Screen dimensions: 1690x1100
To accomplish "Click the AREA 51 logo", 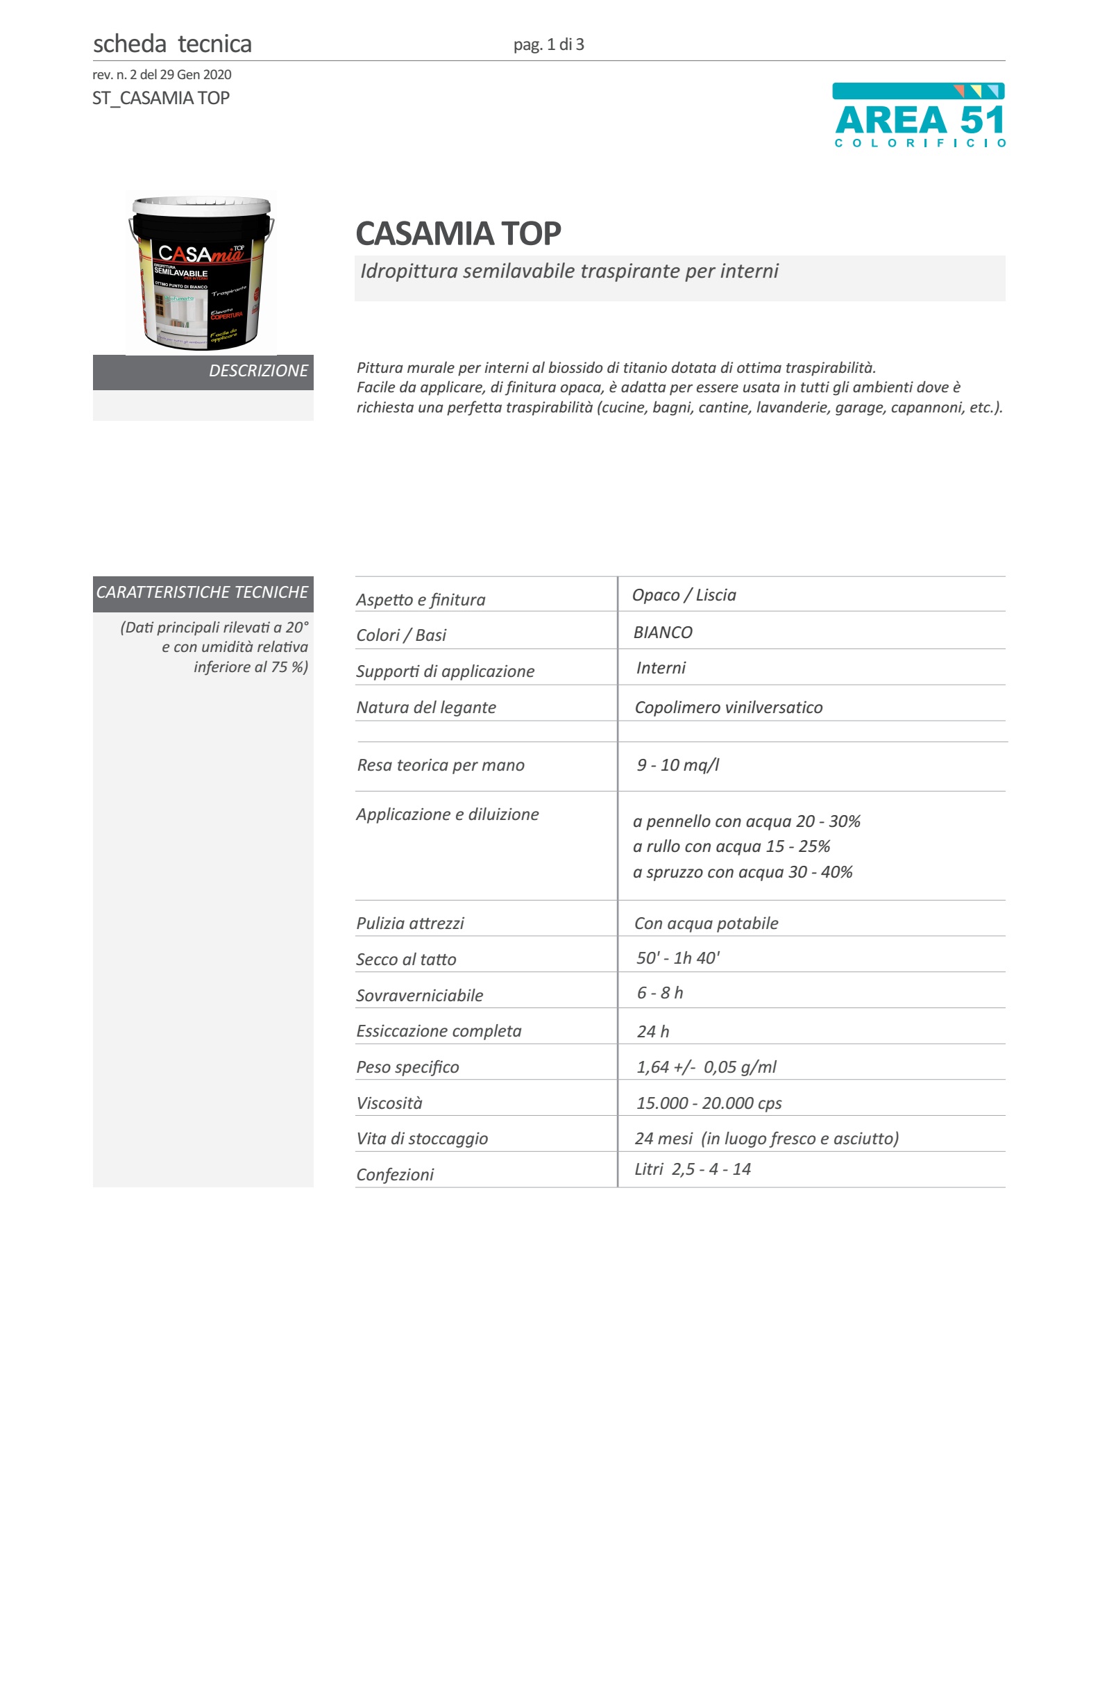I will [x=919, y=116].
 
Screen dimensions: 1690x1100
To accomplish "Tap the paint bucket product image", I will [x=201, y=274].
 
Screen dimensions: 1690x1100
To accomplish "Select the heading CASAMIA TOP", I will [x=458, y=233].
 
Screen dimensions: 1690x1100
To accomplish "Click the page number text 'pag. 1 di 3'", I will [x=548, y=44].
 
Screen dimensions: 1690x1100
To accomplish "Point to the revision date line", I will [x=162, y=74].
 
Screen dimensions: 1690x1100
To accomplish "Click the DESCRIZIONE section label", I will [x=257, y=371].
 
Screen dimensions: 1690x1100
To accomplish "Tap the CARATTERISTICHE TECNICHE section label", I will [x=202, y=592].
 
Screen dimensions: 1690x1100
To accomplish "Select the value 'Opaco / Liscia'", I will [x=684, y=595].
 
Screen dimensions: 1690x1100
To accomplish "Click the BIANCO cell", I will [x=662, y=632].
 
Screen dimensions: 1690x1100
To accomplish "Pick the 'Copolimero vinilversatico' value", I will [x=728, y=708].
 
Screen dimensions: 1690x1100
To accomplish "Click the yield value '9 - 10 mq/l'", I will [x=678, y=764].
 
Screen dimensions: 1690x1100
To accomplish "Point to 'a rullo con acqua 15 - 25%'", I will [x=731, y=846].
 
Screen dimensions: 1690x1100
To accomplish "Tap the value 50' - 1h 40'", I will [x=678, y=958].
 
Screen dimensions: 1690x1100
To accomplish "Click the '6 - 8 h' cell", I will [x=659, y=993].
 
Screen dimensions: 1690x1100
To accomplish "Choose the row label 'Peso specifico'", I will [x=407, y=1067].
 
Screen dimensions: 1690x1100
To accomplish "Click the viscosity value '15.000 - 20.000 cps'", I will [x=709, y=1103].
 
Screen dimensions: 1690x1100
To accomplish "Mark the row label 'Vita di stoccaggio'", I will [x=421, y=1138].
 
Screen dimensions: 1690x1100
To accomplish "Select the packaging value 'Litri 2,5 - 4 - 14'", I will [x=692, y=1169].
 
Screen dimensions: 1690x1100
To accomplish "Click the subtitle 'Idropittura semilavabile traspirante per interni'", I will [x=568, y=271].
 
